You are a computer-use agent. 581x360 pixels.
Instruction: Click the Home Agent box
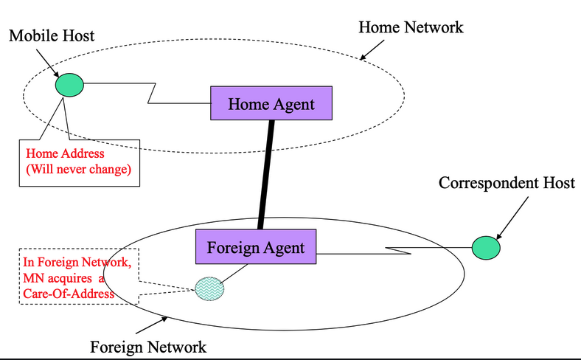coord(271,104)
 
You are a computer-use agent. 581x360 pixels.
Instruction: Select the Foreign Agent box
coord(255,246)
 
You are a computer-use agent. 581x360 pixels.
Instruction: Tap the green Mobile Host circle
coord(69,85)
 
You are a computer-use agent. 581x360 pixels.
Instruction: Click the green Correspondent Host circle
coord(485,247)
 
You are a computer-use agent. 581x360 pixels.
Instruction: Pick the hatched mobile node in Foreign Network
coord(209,288)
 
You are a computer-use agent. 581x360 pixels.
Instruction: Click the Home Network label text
coord(411,27)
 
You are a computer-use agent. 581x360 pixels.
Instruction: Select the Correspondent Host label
coord(507,183)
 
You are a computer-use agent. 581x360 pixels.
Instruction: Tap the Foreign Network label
coord(147,346)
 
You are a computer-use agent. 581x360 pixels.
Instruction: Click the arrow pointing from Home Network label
coord(373,49)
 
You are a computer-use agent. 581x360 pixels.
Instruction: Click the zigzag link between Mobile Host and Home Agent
coord(151,92)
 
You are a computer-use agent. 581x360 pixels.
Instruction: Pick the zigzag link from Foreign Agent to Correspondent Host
coord(398,252)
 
